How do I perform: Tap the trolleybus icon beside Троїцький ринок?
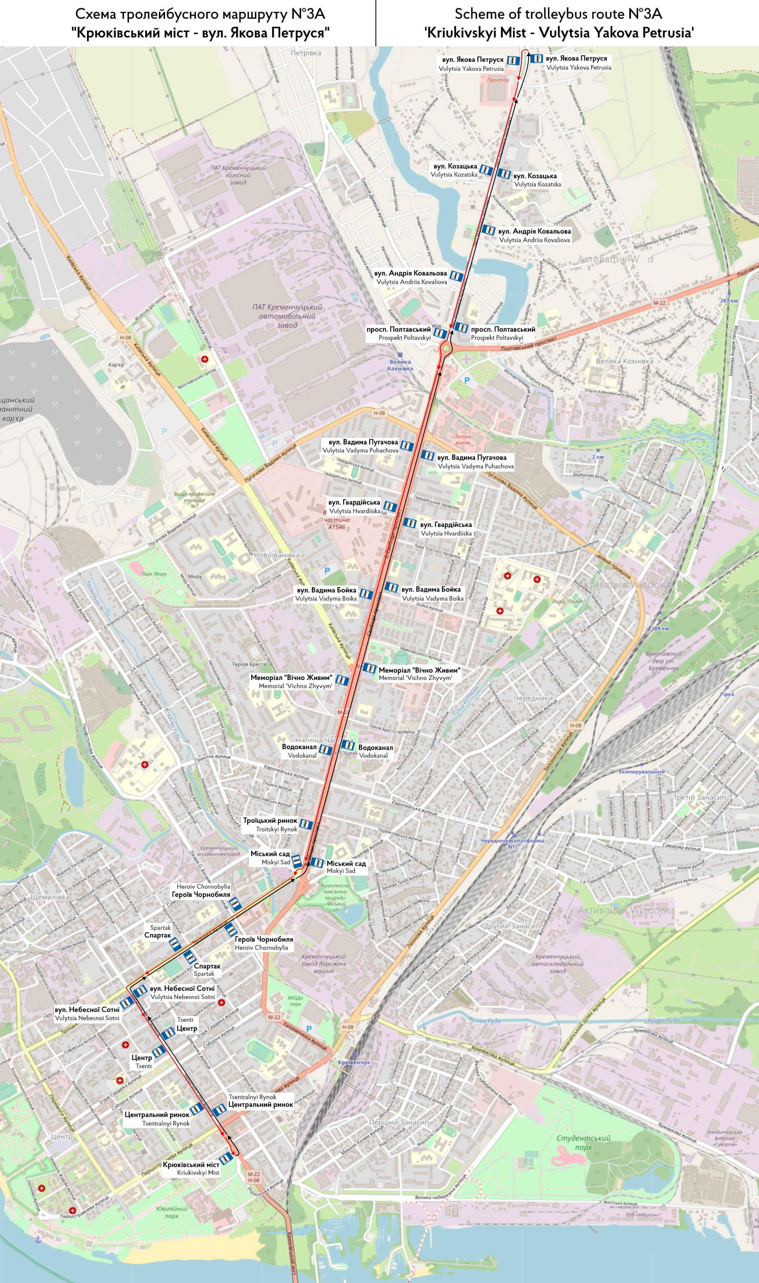click(305, 824)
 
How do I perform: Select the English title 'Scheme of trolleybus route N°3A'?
click(558, 14)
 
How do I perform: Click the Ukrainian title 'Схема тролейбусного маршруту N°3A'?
click(200, 14)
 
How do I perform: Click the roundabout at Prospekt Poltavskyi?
click(446, 349)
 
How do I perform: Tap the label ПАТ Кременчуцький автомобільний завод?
click(287, 316)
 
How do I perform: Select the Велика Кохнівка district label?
click(624, 361)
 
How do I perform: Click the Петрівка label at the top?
click(306, 53)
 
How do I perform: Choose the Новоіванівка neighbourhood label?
click(276, 555)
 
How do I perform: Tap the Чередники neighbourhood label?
click(533, 698)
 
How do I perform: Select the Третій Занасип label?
click(699, 797)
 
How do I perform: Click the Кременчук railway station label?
click(354, 1062)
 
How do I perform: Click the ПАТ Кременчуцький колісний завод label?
click(238, 175)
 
